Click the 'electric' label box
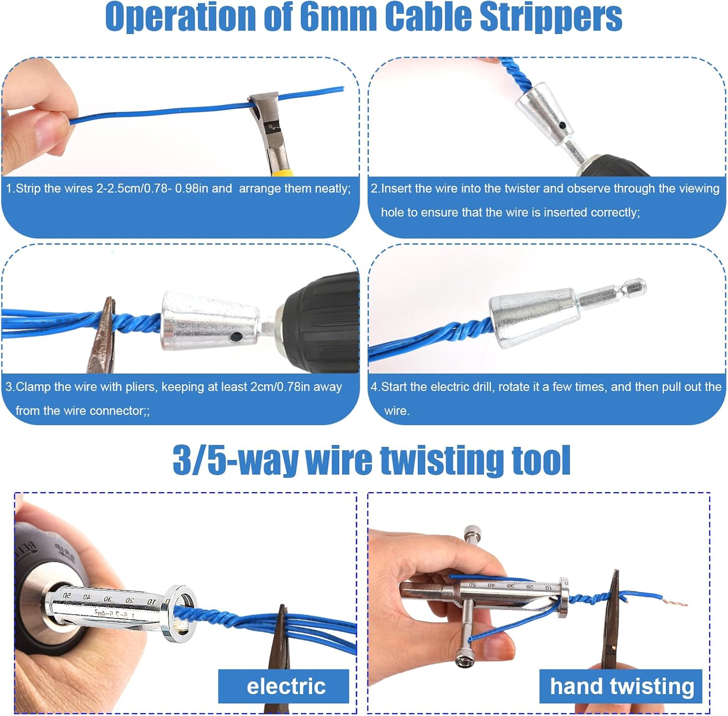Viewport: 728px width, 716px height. coord(284,686)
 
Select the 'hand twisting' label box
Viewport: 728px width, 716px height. coord(621,686)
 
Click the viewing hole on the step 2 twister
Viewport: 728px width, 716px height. coord(562,126)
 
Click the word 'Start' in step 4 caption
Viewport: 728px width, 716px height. coord(396,387)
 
